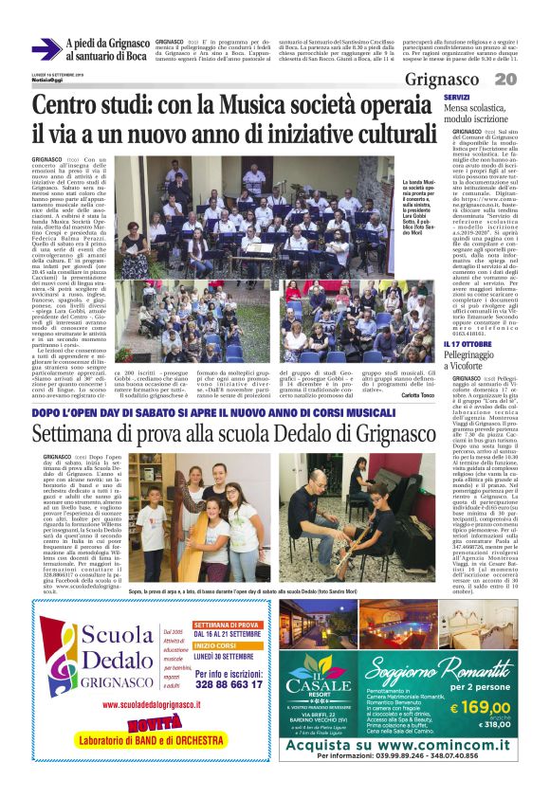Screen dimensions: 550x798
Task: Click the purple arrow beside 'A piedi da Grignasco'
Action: click(46, 48)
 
